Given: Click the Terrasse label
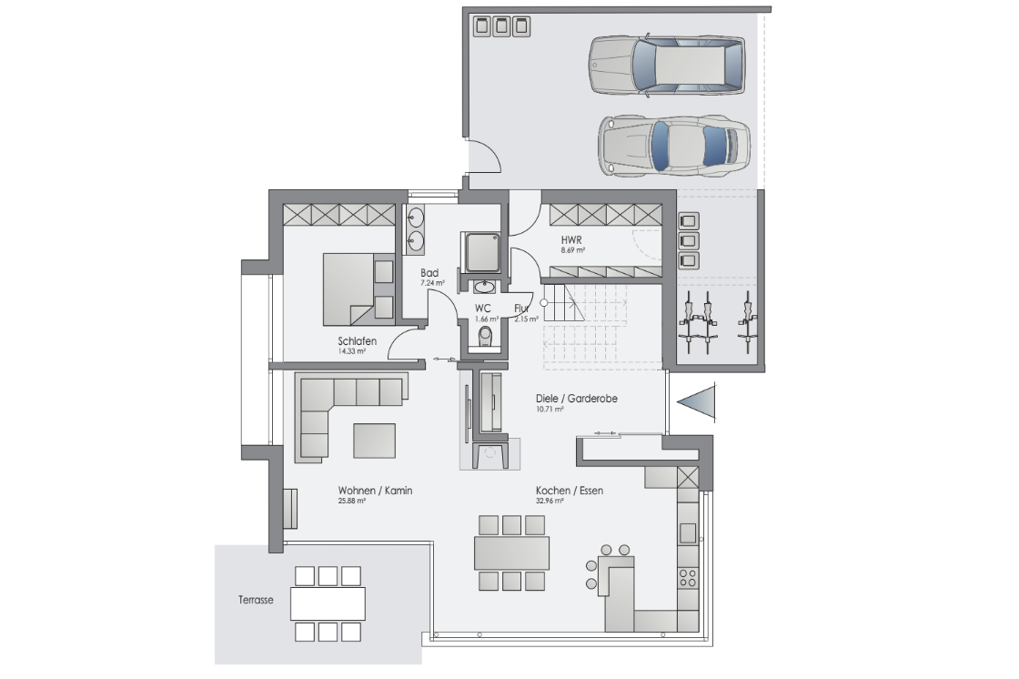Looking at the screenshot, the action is pyautogui.click(x=256, y=600).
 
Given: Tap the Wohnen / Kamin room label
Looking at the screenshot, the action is pyautogui.click(x=375, y=491).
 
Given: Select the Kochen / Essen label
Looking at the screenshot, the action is pyautogui.click(x=570, y=491).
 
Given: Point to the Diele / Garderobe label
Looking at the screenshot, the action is pyautogui.click(x=577, y=398).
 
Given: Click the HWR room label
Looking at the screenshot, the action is pyautogui.click(x=571, y=240).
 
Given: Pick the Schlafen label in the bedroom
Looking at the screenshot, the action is pyautogui.click(x=357, y=340).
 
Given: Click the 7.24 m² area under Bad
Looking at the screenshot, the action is pyautogui.click(x=432, y=283).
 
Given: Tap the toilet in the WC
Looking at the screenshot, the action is pyautogui.click(x=486, y=337).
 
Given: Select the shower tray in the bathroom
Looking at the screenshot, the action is pyautogui.click(x=481, y=252).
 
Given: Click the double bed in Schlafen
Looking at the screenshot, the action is pyautogui.click(x=358, y=289).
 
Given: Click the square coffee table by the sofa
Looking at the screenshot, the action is pyautogui.click(x=374, y=441).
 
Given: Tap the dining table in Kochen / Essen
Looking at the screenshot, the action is pyautogui.click(x=511, y=552).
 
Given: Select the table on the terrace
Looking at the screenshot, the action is pyautogui.click(x=328, y=603).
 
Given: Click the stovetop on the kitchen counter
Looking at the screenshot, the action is pyautogui.click(x=688, y=576).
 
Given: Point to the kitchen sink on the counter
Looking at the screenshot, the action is pyautogui.click(x=688, y=533).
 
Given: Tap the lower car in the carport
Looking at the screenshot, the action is pyautogui.click(x=674, y=146).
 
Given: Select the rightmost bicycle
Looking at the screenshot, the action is pyautogui.click(x=748, y=322).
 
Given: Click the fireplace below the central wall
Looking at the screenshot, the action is pyautogui.click(x=490, y=453).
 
